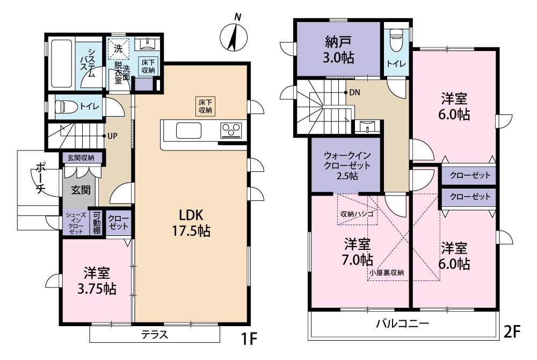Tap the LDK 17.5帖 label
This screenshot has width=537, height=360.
point(191,222)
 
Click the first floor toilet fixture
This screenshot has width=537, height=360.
point(67,106)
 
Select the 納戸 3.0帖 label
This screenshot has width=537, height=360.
point(338,49)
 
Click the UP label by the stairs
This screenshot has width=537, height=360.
point(112,136)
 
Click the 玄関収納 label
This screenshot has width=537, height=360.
point(81,158)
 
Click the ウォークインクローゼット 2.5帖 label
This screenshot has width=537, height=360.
point(346,165)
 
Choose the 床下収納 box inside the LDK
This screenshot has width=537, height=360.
point(205,105)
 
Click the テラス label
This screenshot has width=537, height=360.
point(155,334)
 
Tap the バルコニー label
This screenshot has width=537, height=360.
point(402,324)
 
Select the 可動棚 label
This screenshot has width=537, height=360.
point(96,222)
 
